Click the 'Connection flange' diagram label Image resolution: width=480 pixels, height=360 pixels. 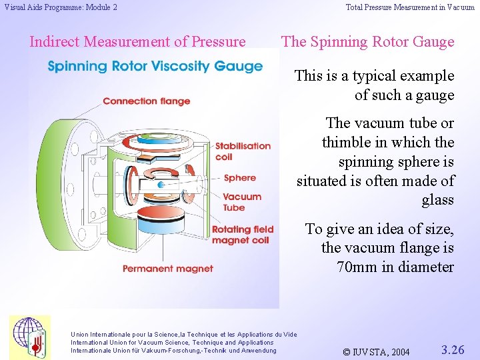pos(146,101)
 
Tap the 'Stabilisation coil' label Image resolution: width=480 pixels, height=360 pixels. pos(243,151)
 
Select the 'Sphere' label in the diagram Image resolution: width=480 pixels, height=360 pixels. pos(239,178)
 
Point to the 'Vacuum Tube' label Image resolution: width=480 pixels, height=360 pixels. pos(242,202)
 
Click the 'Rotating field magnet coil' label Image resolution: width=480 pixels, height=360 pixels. pos(242,235)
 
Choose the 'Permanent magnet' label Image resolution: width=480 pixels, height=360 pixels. pos(167,269)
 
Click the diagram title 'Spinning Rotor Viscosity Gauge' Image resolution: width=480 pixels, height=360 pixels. pos(155,67)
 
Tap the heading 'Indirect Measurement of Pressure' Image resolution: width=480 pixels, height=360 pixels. pos(137,41)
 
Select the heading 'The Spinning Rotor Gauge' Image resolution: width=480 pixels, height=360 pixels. pos(367,41)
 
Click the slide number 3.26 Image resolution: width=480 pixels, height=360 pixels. pos(453,349)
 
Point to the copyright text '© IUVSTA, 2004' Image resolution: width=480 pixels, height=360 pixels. pos(375,351)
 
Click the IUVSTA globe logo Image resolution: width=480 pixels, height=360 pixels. pos(29,337)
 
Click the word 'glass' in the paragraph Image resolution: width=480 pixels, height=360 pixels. pos(437,200)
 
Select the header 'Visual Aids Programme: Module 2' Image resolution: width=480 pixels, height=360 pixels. pos(61,7)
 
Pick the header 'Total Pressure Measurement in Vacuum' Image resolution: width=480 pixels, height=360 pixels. pos(410,7)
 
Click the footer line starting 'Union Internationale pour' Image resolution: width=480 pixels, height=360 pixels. pos(183,334)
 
